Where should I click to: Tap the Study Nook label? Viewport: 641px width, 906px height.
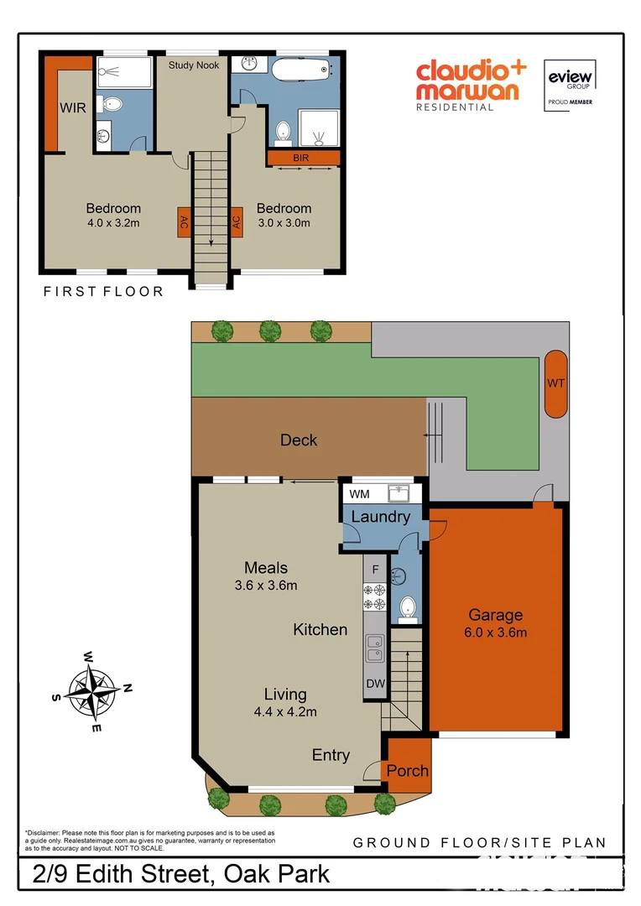click(193, 65)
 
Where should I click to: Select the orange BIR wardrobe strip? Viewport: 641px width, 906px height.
click(303, 157)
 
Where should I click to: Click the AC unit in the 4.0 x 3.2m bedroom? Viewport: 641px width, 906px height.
click(182, 222)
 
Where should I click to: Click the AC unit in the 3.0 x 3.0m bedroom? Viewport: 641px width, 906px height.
click(237, 222)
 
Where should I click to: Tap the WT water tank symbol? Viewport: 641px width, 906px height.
click(555, 383)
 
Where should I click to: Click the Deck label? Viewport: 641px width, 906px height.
click(299, 440)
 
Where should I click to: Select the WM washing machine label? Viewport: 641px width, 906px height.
click(358, 492)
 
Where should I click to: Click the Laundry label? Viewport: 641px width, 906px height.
click(380, 517)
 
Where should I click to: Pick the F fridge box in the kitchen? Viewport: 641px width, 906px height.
click(375, 570)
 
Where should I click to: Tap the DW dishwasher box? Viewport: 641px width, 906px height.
click(375, 684)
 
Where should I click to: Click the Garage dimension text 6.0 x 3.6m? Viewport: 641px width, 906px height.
click(495, 633)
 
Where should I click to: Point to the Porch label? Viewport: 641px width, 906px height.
click(408, 770)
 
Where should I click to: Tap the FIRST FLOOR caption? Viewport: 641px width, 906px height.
click(103, 292)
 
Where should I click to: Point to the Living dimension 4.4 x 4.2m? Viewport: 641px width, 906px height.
click(284, 712)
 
